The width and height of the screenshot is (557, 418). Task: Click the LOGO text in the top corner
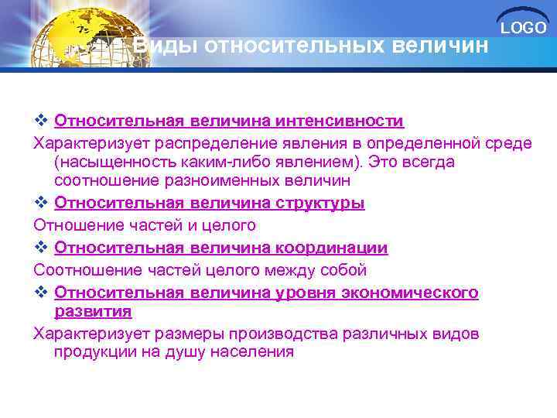(523, 29)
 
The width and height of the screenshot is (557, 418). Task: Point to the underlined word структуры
(320, 204)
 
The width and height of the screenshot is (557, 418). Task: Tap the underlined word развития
(93, 311)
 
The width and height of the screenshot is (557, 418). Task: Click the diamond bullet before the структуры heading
(42, 204)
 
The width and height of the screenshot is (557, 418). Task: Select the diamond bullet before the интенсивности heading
(42, 122)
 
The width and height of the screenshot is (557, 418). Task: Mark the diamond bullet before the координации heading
(42, 248)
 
